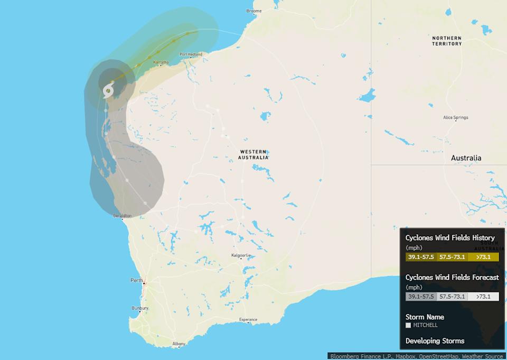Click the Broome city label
254,11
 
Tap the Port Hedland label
191,54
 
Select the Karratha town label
161,62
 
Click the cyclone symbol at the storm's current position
108,90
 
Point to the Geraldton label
122,216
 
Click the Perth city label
137,280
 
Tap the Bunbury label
140,308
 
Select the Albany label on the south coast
179,344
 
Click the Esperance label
248,320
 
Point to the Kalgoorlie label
241,255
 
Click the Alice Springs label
455,117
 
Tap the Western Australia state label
253,154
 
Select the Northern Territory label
446,41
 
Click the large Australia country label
466,158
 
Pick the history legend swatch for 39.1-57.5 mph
420,257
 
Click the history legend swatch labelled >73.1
483,257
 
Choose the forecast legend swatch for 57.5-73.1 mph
452,297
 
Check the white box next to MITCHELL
408,325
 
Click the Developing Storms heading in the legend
435,341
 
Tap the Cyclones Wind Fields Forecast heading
452,278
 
